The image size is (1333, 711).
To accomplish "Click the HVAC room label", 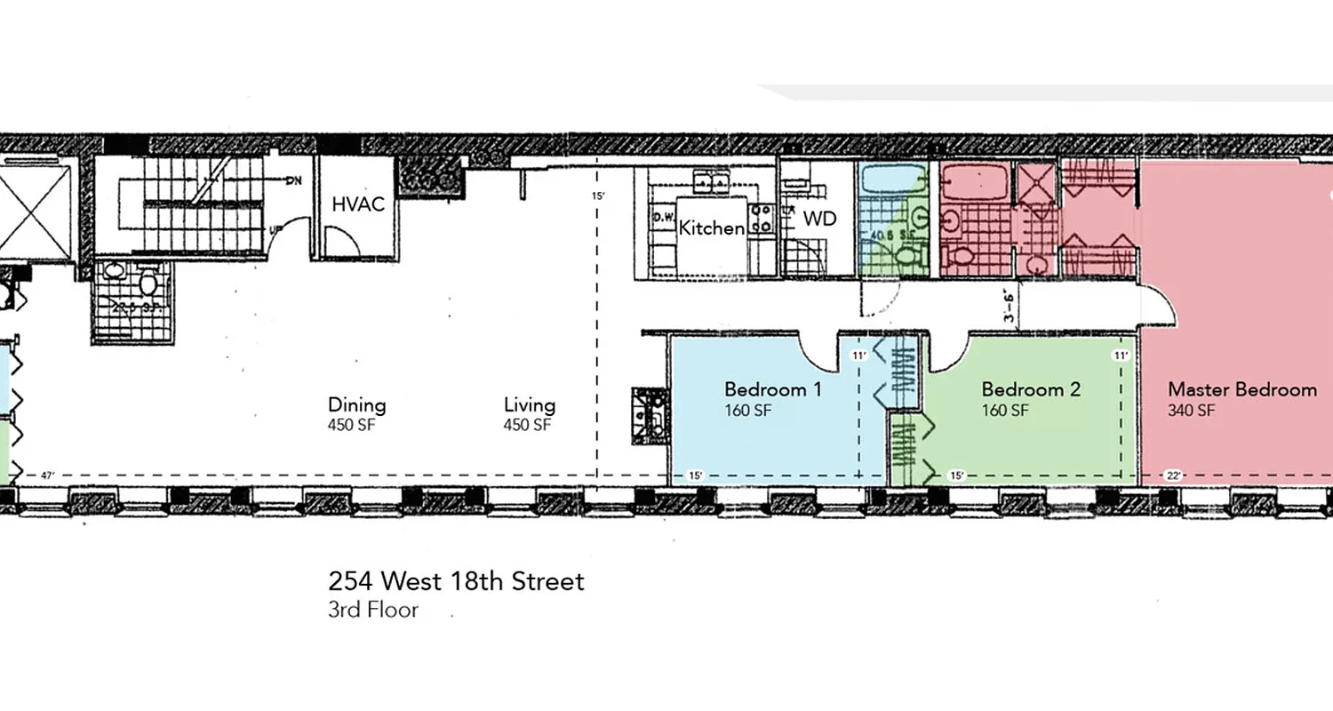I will [x=358, y=204].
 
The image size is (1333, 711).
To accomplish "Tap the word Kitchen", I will [x=711, y=228].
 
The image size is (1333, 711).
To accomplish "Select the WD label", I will [x=819, y=219].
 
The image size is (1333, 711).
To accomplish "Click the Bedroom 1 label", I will [x=772, y=389].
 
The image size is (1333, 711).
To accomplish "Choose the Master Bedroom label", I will [x=1241, y=389].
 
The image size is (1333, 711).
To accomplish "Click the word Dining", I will [x=357, y=405].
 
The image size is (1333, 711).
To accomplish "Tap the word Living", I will [x=530, y=405].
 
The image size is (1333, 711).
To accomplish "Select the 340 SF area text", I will [x=1191, y=411].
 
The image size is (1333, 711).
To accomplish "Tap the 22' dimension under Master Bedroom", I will [x=1173, y=476].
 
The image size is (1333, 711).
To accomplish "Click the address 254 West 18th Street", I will [x=456, y=582].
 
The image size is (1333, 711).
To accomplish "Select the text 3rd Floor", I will [x=372, y=611].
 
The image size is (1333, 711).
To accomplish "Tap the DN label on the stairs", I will [x=294, y=181].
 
